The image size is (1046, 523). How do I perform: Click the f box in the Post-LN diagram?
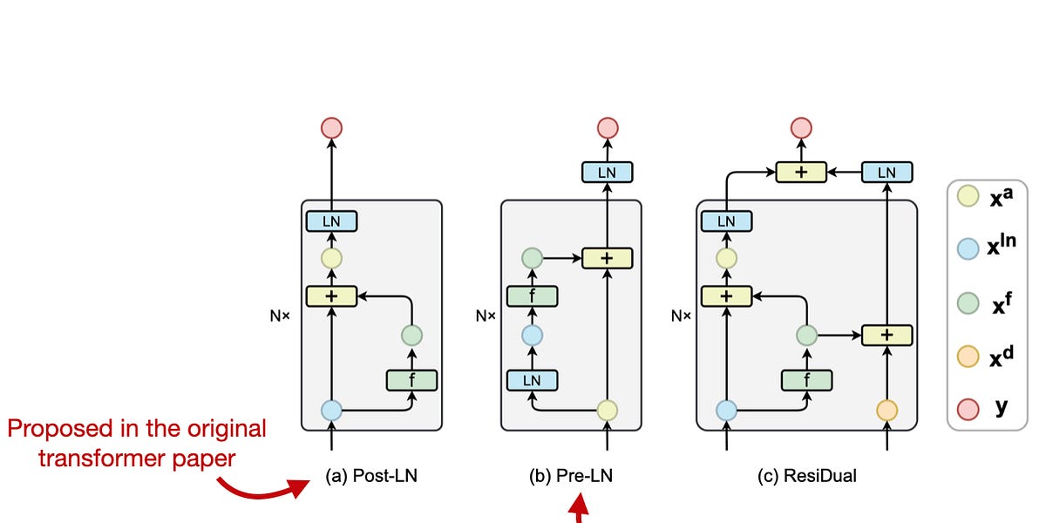(411, 379)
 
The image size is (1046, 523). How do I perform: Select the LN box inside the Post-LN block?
(331, 221)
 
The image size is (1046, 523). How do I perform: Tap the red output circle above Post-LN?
(331, 128)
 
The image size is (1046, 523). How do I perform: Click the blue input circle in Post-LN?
(331, 410)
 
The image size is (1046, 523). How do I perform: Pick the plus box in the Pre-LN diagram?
(607, 258)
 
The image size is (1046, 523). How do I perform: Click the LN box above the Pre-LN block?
(607, 173)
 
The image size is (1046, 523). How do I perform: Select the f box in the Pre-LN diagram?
(533, 295)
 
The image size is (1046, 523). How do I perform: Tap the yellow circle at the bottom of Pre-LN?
(607, 410)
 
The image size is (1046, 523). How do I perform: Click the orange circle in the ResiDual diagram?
(886, 410)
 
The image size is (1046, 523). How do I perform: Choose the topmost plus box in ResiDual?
(801, 173)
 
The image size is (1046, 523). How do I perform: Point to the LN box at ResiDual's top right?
(886, 173)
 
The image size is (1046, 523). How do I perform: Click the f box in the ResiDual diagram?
(807, 379)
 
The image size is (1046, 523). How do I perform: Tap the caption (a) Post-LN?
(370, 477)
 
